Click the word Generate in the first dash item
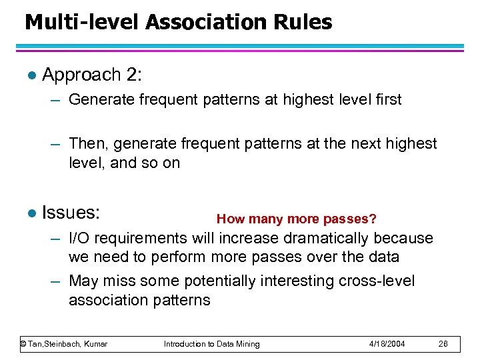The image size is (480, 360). [x=99, y=100]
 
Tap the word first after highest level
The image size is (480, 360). [x=386, y=100]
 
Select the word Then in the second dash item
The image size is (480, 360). [x=85, y=143]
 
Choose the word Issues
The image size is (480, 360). [x=70, y=213]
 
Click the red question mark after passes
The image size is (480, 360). [x=373, y=219]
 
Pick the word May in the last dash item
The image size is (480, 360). [x=84, y=281]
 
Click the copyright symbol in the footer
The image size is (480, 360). [x=23, y=344]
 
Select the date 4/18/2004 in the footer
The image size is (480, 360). [x=387, y=344]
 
